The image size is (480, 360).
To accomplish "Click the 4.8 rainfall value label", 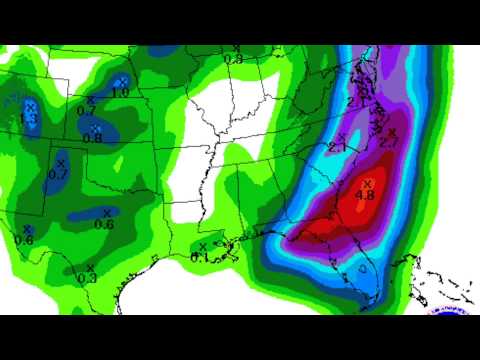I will coord(367,194).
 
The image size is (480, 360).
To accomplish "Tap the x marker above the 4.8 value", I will coord(367,183).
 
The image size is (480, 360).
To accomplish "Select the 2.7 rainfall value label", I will coord(390,143).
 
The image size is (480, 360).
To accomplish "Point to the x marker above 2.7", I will coord(392,132).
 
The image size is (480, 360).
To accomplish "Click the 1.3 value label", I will coord(28,118).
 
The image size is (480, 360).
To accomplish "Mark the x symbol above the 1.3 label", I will coord(30,106).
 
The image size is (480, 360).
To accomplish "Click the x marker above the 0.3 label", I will coord(90,267).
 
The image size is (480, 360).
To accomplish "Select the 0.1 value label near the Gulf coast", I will coord(200,257).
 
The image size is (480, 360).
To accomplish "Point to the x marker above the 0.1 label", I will coord(203,246).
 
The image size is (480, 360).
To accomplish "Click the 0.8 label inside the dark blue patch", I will coord(92,137).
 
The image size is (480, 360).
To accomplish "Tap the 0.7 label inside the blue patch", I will coord(57,174).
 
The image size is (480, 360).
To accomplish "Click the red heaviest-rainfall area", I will coord(355,205).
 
